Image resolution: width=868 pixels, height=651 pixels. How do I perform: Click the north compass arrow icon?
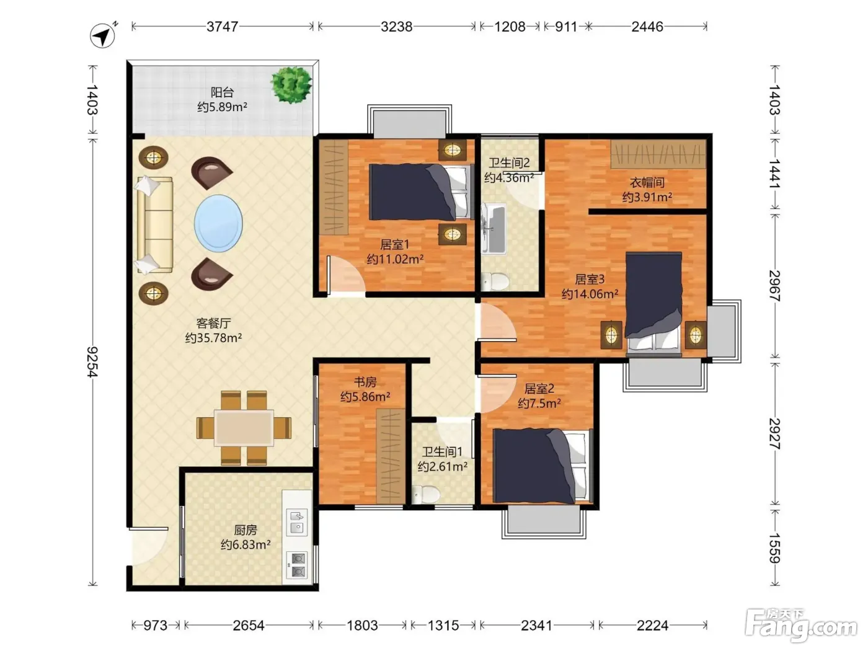(103, 35)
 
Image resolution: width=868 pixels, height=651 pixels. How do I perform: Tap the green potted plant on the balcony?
(291, 84)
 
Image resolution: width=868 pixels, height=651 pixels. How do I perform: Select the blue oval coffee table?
(218, 223)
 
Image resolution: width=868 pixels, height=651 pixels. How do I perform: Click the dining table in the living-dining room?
(244, 428)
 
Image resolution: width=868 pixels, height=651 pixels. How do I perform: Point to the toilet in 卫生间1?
(426, 494)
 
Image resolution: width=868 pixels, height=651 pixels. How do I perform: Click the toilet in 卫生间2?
(494, 281)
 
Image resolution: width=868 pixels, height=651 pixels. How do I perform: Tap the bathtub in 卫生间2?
(494, 229)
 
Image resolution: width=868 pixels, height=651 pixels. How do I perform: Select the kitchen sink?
(296, 523)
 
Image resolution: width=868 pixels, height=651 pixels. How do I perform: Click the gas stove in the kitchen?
(296, 564)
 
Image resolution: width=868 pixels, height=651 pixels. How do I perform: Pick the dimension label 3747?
(222, 27)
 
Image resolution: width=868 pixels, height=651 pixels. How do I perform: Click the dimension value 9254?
(92, 361)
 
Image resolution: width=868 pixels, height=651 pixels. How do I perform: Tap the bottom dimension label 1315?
(443, 626)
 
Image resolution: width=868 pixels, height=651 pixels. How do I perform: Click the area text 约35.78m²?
(213, 338)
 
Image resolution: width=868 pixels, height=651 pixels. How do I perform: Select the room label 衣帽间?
(647, 182)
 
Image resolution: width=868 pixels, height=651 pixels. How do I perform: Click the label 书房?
(365, 382)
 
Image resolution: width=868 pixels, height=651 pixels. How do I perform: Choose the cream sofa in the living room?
(154, 224)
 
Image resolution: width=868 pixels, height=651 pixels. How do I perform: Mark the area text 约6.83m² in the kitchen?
(246, 544)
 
